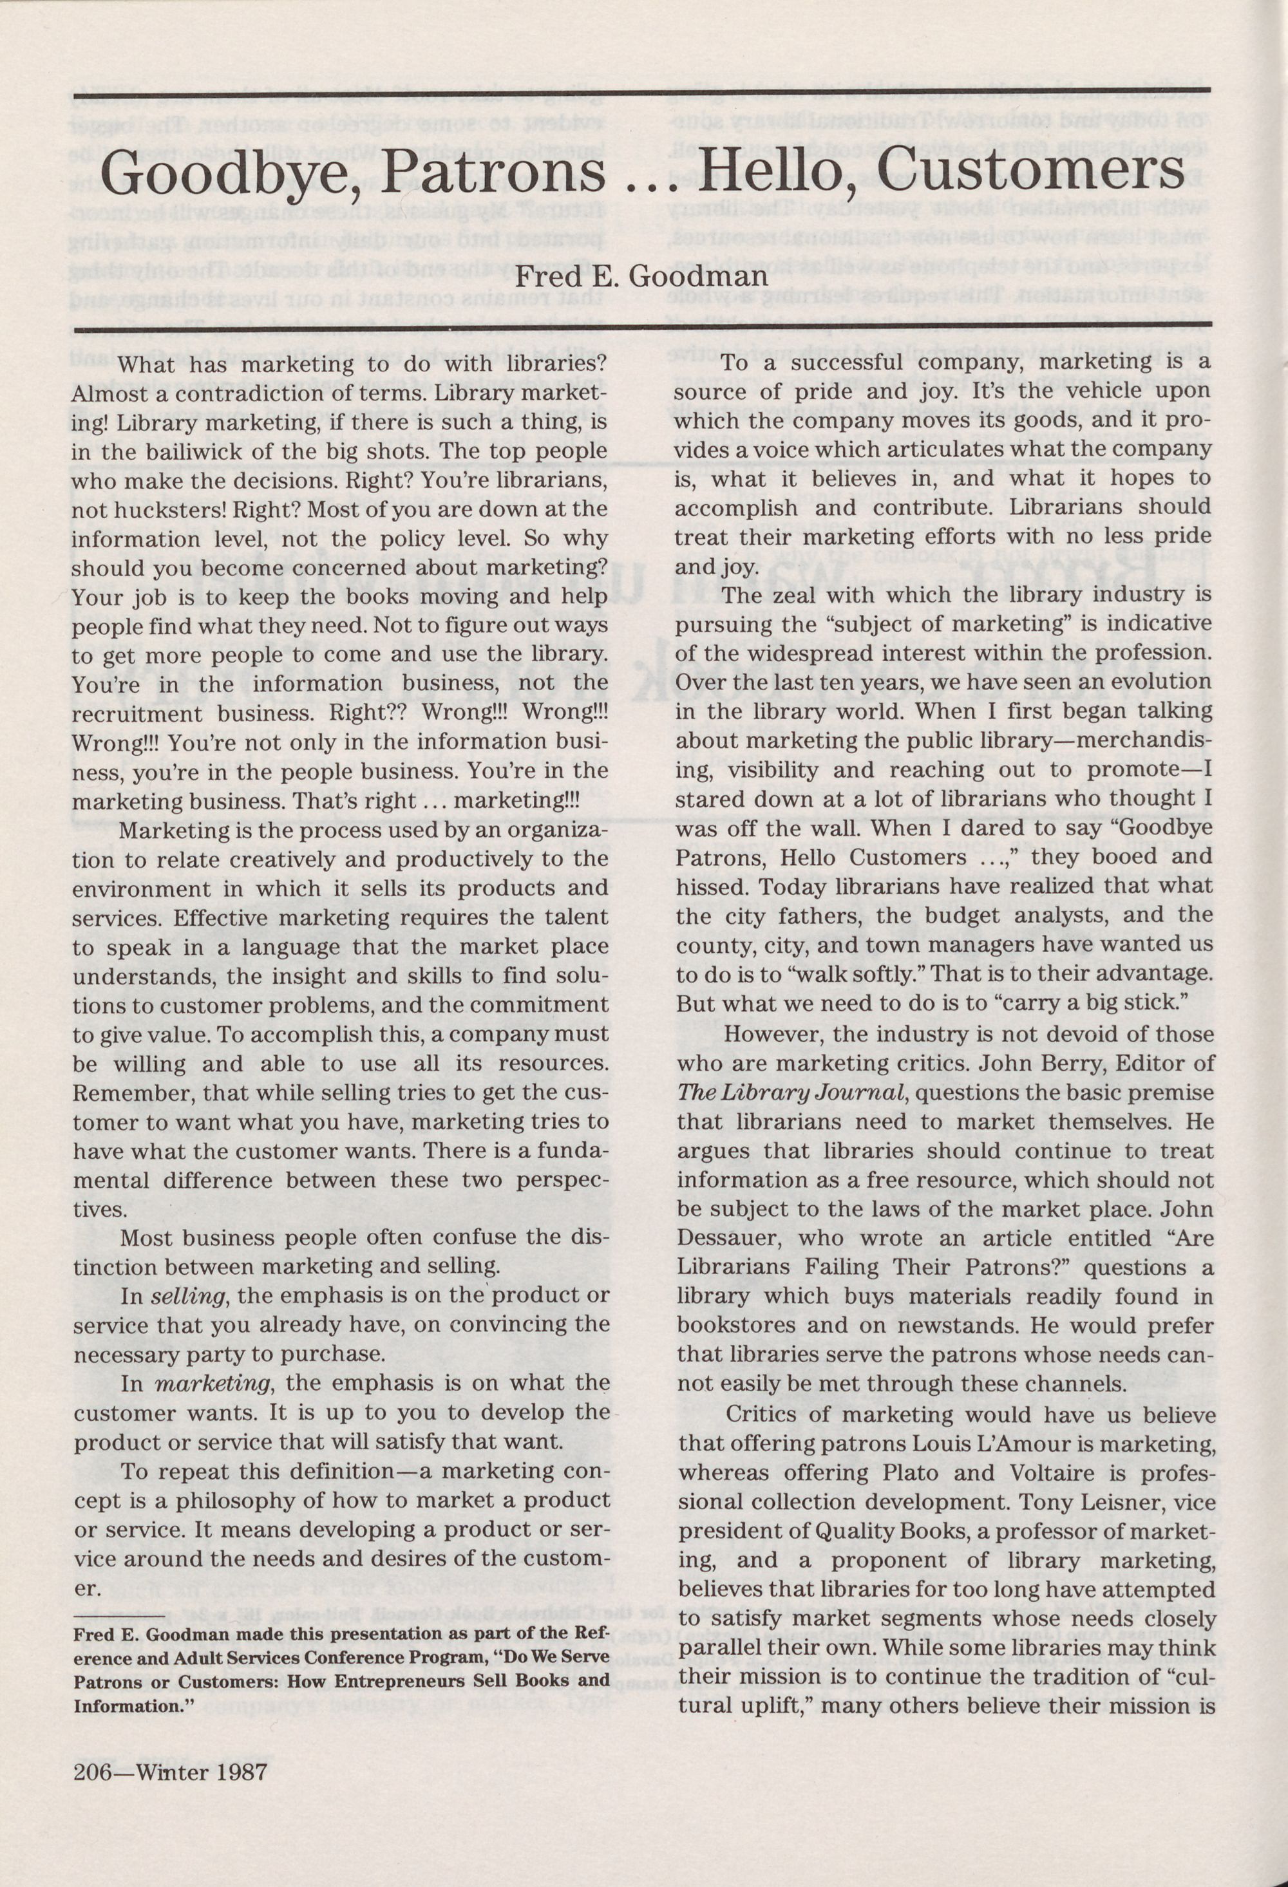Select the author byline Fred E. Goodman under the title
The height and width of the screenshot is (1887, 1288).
pos(641,276)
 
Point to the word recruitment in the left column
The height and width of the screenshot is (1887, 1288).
pos(137,715)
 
